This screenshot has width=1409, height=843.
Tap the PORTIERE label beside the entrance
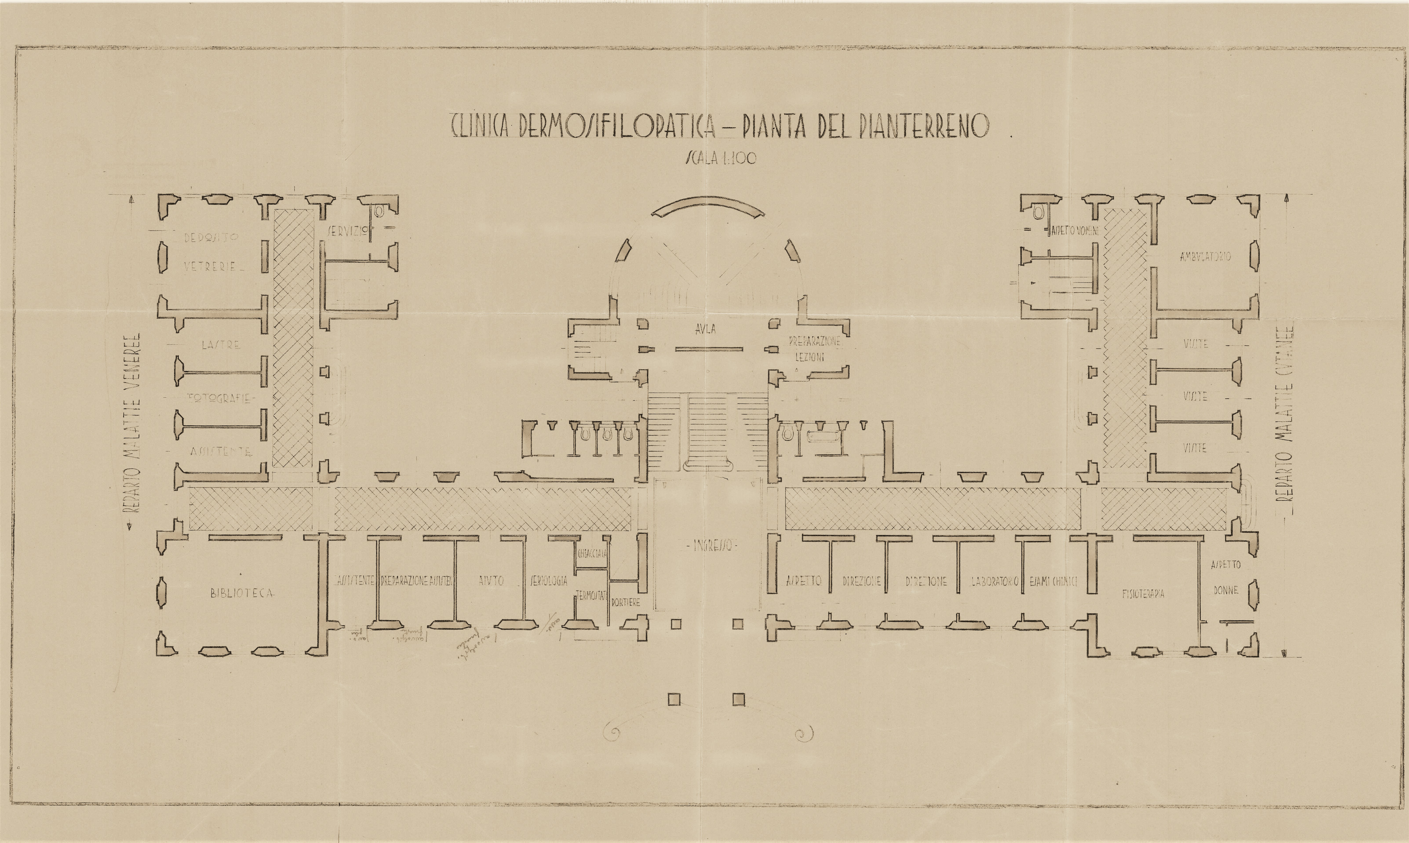[626, 602]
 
